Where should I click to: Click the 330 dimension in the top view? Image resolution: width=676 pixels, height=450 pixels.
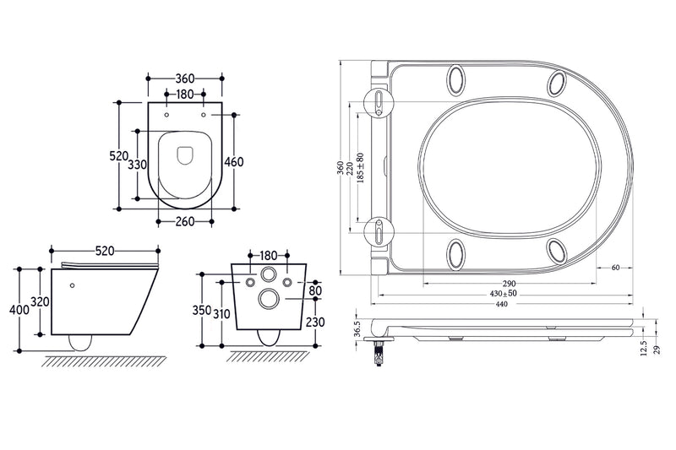[138, 165]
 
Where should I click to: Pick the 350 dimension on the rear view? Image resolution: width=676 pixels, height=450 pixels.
[201, 310]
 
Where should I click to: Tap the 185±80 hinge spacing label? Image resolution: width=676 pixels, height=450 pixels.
[361, 170]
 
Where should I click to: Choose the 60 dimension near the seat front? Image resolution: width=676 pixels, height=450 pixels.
[615, 268]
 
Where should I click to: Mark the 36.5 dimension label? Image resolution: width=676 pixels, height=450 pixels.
[357, 328]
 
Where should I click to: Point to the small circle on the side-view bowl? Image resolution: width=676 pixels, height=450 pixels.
[74, 285]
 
